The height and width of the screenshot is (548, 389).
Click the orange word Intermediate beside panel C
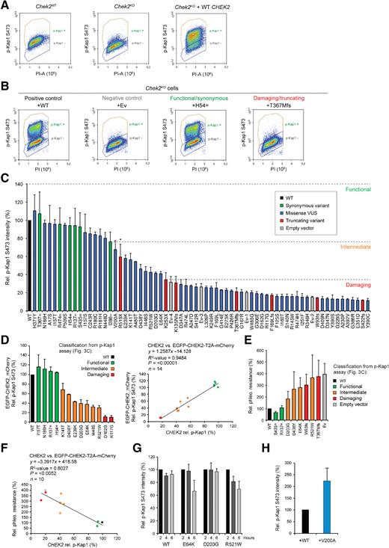[x=364, y=246]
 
